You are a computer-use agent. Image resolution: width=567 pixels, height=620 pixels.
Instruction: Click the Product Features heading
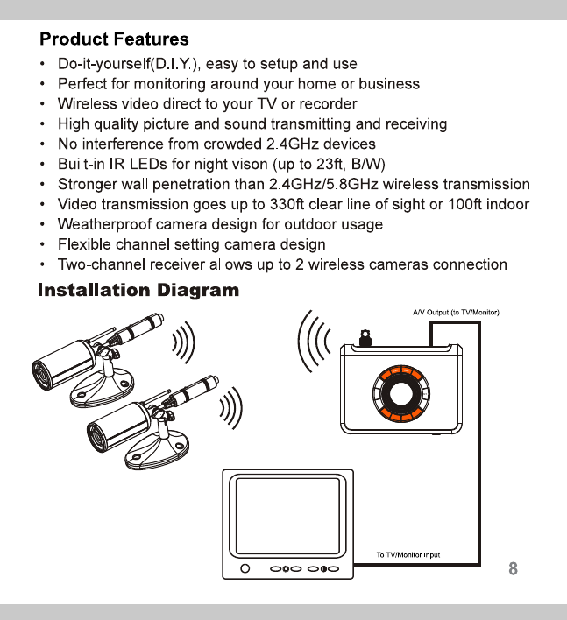tap(114, 39)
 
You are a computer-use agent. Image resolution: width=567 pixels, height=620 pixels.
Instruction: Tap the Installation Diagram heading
tap(138, 291)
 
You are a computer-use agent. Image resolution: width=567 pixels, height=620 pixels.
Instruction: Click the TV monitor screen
tap(284, 517)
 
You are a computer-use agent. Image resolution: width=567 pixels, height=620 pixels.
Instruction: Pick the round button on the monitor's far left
tap(246, 569)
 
